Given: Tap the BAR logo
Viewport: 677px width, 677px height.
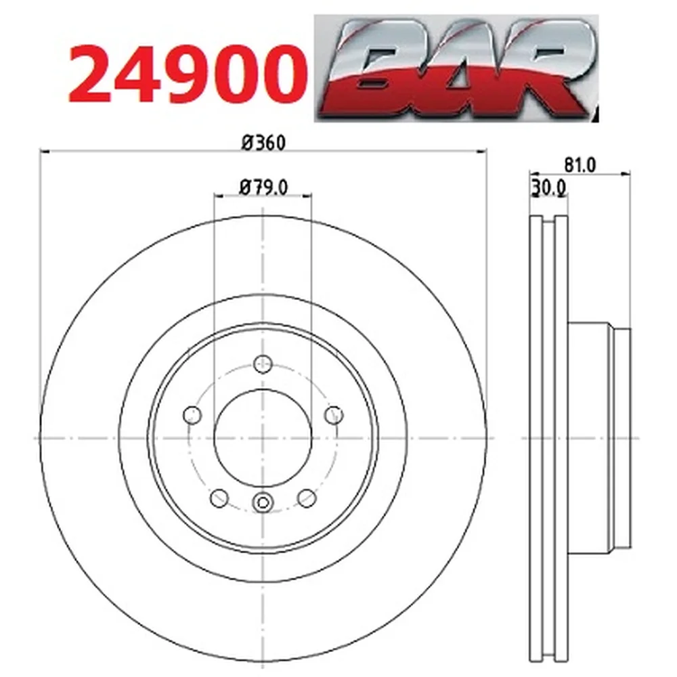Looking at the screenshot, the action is tap(456, 68).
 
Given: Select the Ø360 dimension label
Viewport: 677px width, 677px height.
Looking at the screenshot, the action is tap(264, 142).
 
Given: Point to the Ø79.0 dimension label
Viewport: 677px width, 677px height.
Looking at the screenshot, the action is tap(263, 188).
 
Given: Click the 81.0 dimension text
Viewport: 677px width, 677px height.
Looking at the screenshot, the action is tap(580, 165).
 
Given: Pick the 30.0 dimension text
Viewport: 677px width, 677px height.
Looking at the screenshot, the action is tap(549, 188).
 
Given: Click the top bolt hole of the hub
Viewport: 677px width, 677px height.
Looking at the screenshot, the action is tap(263, 364).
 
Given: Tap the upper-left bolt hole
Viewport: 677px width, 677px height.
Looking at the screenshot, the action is tap(192, 416).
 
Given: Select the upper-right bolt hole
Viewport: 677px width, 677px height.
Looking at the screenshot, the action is tap(334, 416).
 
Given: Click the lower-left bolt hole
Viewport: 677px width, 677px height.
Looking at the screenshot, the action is tap(219, 498).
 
